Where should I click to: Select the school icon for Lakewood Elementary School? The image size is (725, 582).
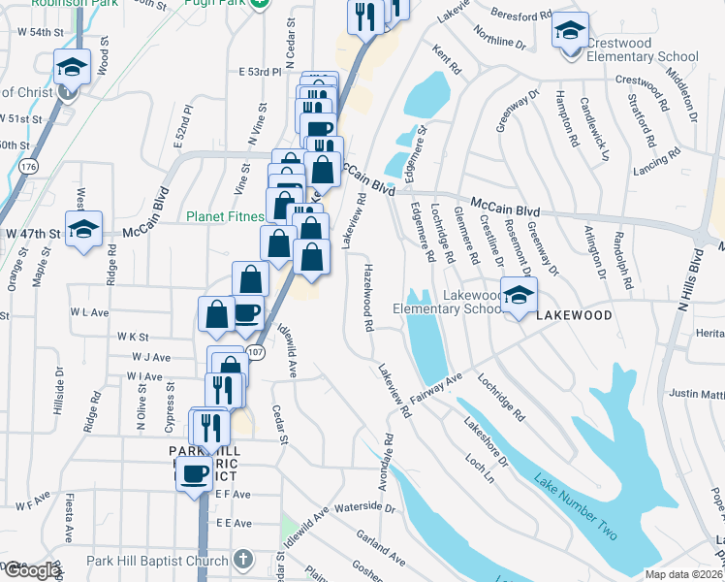[x=519, y=294]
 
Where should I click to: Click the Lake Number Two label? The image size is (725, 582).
[x=576, y=504]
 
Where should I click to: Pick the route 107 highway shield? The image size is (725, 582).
[x=255, y=350]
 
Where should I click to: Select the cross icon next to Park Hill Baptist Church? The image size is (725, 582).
[x=242, y=561]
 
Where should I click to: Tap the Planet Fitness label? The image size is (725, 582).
[x=224, y=216]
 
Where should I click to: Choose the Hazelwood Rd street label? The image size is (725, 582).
[x=368, y=298]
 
